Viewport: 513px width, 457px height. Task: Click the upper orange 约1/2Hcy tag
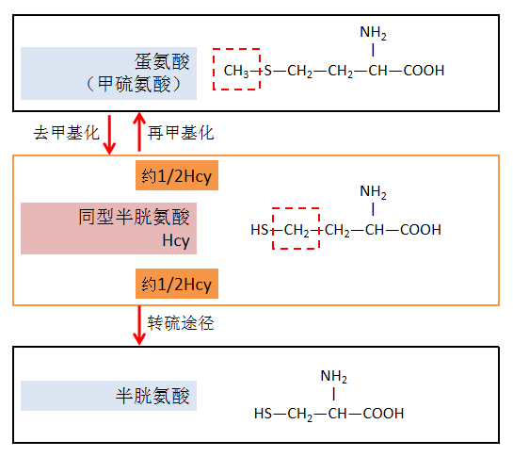point(177,176)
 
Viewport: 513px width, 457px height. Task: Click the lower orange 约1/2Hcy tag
point(177,283)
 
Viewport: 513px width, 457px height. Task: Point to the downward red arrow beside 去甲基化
point(110,133)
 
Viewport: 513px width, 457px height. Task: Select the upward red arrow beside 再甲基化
point(139,133)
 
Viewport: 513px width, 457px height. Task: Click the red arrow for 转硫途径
point(139,324)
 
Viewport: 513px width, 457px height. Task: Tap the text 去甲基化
point(66,133)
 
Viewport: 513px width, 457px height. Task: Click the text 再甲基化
point(182,133)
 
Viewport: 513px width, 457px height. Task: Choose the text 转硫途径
point(182,323)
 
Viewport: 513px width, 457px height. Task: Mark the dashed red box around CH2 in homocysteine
point(296,230)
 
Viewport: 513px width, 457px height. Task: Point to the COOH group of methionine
point(424,71)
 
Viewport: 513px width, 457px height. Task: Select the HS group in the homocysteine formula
point(259,230)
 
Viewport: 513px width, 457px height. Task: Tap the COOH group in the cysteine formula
point(383,413)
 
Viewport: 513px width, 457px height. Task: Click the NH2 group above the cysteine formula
point(333,377)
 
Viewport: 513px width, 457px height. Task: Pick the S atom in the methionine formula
point(267,71)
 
